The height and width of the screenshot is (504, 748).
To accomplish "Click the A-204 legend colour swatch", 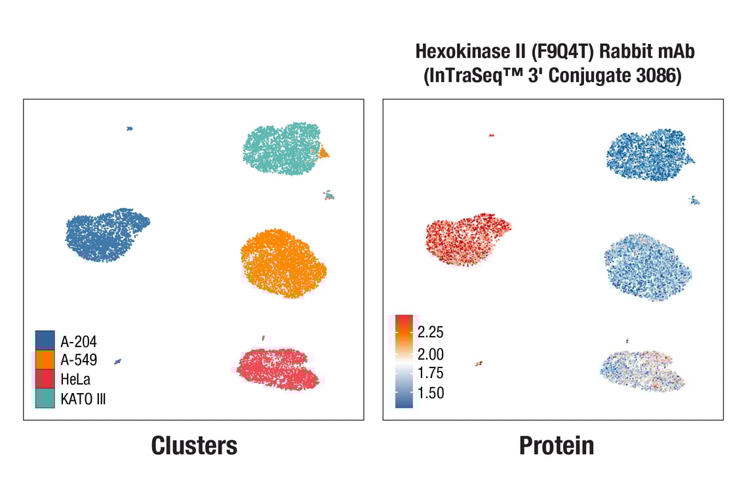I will [45, 339].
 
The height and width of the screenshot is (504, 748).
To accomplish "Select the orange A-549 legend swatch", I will [45, 359].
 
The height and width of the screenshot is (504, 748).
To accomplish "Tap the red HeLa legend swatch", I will [45, 379].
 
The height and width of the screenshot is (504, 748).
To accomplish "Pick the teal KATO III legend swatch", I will [45, 398].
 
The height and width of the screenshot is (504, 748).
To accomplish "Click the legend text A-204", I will [79, 341].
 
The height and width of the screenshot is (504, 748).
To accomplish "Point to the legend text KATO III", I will [83, 399].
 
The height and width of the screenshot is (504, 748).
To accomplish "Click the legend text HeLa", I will [76, 379].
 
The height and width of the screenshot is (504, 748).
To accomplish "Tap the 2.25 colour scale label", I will [431, 331].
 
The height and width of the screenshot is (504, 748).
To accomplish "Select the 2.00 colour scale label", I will [431, 354].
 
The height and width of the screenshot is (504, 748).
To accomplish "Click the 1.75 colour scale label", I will [431, 373].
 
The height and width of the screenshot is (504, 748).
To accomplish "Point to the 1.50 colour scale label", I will [431, 392].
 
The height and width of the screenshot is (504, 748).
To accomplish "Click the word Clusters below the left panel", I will [194, 446].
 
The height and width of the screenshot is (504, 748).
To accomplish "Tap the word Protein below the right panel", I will [557, 446].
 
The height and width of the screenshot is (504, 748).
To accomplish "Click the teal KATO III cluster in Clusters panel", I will [281, 149].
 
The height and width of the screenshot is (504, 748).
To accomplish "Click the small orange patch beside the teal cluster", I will [323, 154].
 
